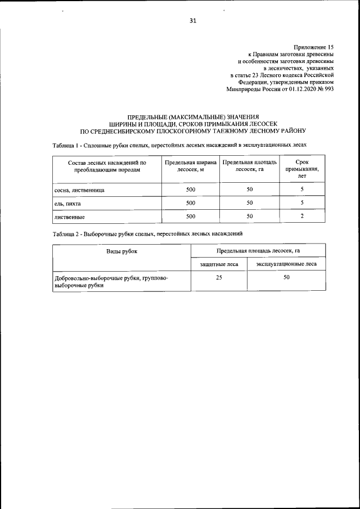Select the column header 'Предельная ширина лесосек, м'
pos(190,166)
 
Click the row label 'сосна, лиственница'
pos(79,190)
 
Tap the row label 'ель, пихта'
pos(68,203)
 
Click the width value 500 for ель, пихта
pos(190,202)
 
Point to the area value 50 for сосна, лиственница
pos(250,190)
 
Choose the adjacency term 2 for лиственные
pos(302,215)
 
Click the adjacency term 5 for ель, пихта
pos(302,202)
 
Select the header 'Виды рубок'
pos(122,251)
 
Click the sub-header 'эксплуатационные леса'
pos(286,264)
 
